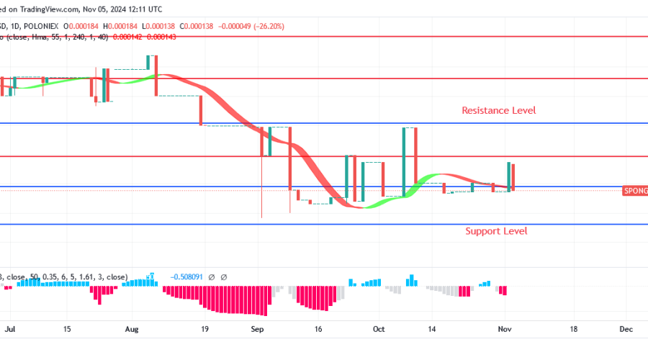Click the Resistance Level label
click(x=498, y=110)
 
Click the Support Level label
click(x=495, y=231)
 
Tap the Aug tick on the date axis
click(x=132, y=328)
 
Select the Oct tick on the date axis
click(x=379, y=328)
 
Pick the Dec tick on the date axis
click(x=626, y=328)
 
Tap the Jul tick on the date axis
click(x=10, y=328)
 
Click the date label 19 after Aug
click(x=204, y=328)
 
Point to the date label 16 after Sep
click(x=318, y=328)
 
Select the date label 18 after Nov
click(x=573, y=328)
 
